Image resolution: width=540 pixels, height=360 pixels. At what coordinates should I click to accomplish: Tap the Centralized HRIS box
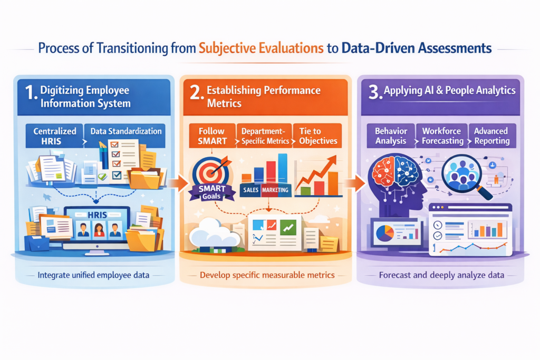54,136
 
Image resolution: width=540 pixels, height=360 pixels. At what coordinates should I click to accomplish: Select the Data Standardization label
126,131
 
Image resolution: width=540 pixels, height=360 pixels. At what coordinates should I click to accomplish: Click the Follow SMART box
212,136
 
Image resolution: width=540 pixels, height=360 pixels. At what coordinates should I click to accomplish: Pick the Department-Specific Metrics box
265,136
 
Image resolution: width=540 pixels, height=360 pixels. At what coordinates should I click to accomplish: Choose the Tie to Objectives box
317,136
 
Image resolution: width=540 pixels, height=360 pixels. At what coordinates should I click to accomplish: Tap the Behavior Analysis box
391,136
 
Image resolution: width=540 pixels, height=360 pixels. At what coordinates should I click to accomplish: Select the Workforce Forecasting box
442,136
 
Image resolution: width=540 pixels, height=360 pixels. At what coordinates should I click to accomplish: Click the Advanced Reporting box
493,136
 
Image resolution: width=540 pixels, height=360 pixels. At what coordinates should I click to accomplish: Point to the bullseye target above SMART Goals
210,171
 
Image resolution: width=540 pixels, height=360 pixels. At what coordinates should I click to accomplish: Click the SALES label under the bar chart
250,190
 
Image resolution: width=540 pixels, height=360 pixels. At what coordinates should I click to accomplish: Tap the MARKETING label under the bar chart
275,190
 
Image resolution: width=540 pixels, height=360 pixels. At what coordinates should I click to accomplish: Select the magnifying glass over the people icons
465,176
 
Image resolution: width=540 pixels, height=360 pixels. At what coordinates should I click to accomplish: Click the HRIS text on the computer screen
97,215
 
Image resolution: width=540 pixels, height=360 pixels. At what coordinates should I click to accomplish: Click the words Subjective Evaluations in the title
261,48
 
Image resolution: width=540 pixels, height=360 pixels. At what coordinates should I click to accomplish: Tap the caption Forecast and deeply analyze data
441,275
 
